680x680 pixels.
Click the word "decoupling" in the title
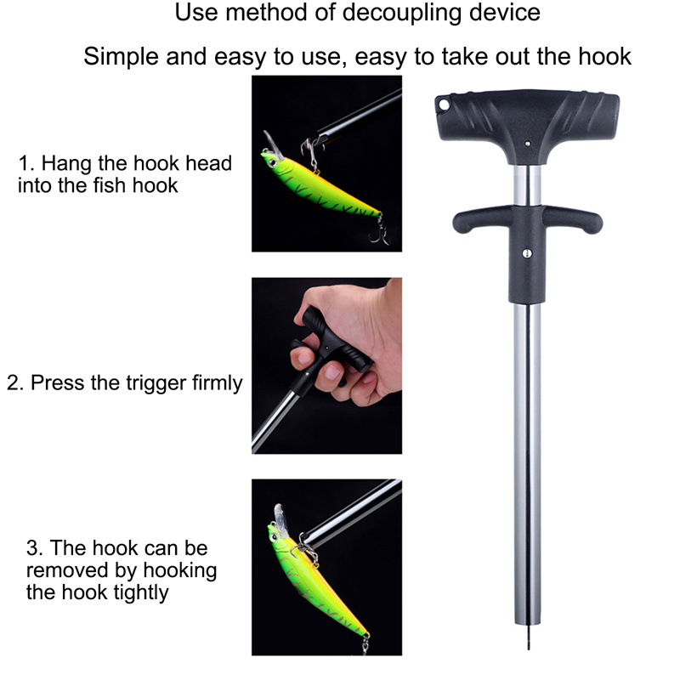[x=401, y=13]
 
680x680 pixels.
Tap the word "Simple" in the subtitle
[x=121, y=57]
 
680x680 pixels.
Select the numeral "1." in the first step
[x=25, y=163]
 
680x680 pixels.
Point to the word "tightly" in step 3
[x=140, y=592]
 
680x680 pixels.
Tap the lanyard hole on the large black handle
[x=444, y=105]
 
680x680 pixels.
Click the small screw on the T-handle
[x=527, y=144]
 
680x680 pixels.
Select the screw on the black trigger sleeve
[x=527, y=253]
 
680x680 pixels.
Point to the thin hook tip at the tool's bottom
[x=529, y=637]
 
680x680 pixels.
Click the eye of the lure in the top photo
[x=272, y=162]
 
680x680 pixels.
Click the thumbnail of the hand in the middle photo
[x=333, y=371]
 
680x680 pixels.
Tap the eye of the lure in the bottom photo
[x=275, y=538]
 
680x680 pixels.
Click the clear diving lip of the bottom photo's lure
[x=280, y=515]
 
